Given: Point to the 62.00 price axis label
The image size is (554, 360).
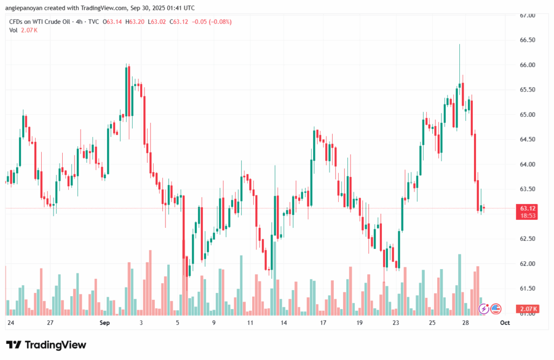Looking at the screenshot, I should click(x=527, y=264).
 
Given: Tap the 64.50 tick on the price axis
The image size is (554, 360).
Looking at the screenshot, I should click(x=527, y=140).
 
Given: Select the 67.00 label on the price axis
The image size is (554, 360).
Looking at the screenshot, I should click(x=527, y=16).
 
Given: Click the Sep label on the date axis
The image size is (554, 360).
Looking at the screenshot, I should click(x=105, y=323).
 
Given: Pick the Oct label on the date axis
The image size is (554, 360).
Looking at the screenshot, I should click(x=505, y=323).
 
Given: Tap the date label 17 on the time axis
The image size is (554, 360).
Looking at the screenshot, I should click(x=323, y=323).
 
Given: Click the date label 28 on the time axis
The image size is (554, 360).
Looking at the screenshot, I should click(x=465, y=323).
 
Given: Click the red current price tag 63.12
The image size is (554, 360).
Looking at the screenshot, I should click(x=527, y=208).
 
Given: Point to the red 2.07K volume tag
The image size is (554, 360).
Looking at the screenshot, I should click(x=527, y=309).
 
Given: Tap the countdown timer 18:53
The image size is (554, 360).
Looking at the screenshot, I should click(x=527, y=215).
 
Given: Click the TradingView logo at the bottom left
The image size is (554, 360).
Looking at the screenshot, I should click(x=46, y=345).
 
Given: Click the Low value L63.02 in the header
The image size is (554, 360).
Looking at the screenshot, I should click(x=157, y=22).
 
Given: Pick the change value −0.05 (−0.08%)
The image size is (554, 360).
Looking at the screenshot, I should click(x=213, y=22).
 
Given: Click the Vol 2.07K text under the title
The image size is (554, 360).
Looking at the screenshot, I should click(x=23, y=30).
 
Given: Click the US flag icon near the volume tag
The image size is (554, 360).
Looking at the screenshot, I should click(x=496, y=309).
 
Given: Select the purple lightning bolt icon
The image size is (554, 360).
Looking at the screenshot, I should click(x=485, y=309).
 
